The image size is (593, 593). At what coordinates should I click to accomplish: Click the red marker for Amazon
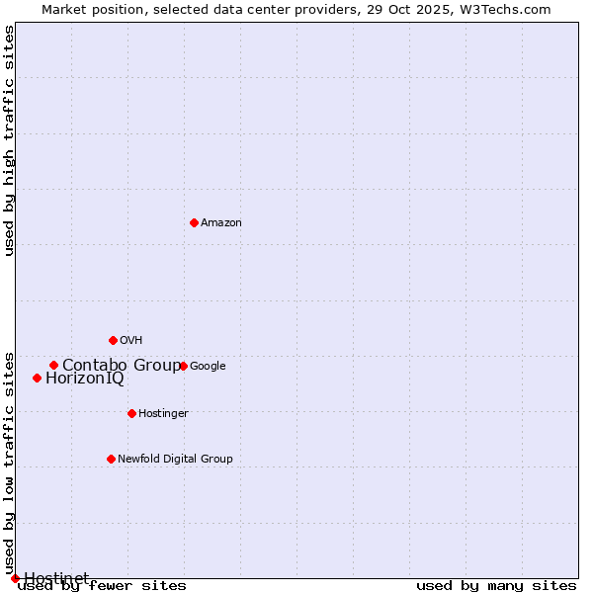tap(194, 222)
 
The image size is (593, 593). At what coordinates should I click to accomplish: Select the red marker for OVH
tap(113, 340)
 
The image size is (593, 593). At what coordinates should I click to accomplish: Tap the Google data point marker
tap(183, 366)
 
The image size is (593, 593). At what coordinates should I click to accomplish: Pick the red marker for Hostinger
tap(131, 413)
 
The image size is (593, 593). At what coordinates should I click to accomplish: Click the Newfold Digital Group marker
tap(111, 459)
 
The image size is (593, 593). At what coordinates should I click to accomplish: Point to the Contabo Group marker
tap(53, 365)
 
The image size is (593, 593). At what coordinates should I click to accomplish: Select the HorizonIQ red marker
tap(37, 378)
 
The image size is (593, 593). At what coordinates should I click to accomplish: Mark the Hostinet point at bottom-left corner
tap(15, 578)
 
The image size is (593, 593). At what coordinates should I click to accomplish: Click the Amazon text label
tap(221, 222)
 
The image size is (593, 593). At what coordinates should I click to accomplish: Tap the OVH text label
tap(131, 340)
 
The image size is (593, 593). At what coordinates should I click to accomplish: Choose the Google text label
tap(208, 366)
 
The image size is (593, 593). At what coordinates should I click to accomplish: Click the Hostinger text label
tap(163, 413)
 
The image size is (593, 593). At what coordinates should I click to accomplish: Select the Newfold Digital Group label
tap(175, 459)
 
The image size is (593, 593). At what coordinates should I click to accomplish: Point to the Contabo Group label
tap(122, 365)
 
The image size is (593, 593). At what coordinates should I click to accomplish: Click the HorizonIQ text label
tap(85, 378)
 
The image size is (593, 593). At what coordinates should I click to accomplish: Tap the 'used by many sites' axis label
tap(496, 585)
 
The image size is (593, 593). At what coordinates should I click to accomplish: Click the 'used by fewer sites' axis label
tap(102, 585)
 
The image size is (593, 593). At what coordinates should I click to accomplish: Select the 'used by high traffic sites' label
tap(10, 140)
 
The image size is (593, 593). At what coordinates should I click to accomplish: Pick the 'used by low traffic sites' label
tap(10, 463)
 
